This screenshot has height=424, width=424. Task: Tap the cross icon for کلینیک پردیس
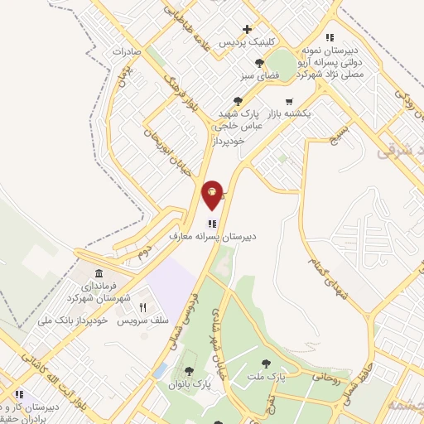pyautogui.click(x=247, y=29)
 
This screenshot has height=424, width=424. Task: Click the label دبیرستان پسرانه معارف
pyautogui.click(x=213, y=236)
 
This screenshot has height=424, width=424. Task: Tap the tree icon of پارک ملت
pyautogui.click(x=266, y=364)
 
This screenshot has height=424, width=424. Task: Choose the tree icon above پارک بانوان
pyautogui.click(x=190, y=372)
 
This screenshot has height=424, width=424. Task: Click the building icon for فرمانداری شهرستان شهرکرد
pyautogui.click(x=99, y=274)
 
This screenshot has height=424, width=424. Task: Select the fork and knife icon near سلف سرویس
pyautogui.click(x=142, y=306)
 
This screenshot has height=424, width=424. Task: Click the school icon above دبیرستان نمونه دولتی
pyautogui.click(x=330, y=37)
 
